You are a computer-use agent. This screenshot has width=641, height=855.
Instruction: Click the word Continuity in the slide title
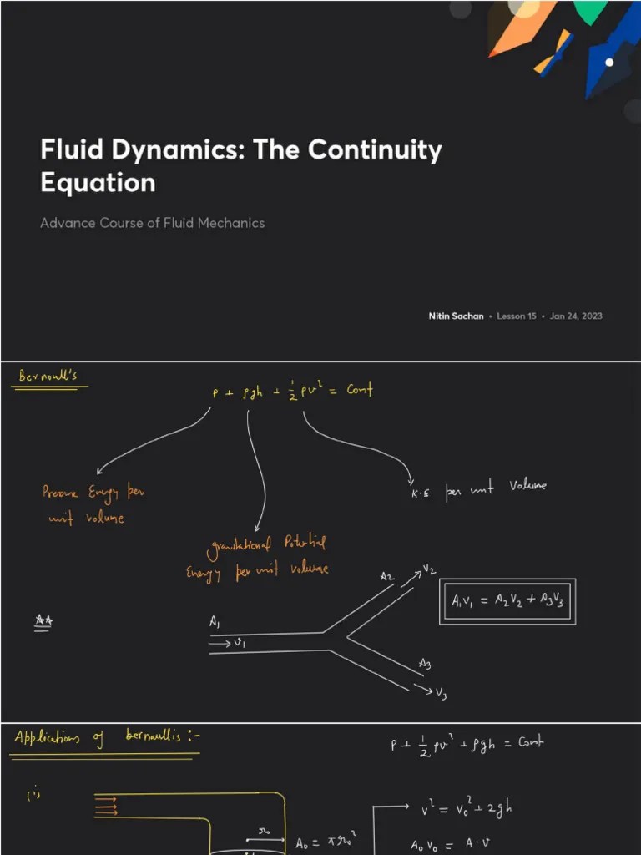tap(376, 150)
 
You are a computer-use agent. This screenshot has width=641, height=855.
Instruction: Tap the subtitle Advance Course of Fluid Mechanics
tap(152, 223)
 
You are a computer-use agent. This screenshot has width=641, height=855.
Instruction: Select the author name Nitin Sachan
tap(456, 316)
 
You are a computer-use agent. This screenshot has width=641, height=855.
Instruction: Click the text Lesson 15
tap(517, 316)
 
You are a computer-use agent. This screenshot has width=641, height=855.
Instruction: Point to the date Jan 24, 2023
tap(576, 316)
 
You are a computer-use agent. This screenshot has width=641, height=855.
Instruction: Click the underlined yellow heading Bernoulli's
tap(48, 376)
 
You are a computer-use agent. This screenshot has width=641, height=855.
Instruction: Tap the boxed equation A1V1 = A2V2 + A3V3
tap(507, 601)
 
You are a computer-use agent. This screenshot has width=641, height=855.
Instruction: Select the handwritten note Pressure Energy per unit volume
tap(93, 505)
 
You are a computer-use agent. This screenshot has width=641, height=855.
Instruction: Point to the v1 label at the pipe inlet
tap(238, 643)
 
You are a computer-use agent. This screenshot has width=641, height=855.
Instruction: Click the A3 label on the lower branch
tap(425, 664)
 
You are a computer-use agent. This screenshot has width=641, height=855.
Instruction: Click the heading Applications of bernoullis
tap(107, 737)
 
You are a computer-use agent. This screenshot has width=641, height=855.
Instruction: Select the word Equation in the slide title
tap(98, 182)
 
